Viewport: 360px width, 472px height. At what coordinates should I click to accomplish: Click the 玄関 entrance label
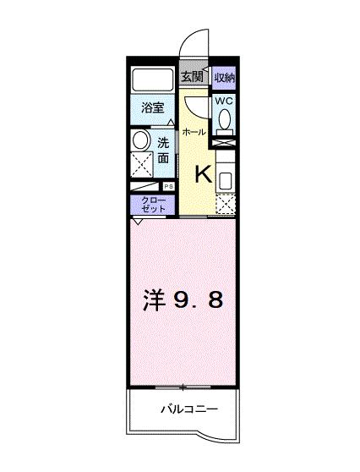click(x=192, y=77)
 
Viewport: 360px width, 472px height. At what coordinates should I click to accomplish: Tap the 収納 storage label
click(x=223, y=77)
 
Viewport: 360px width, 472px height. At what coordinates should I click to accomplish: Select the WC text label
click(x=224, y=101)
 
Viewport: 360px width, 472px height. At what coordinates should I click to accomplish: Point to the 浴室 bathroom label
click(x=152, y=109)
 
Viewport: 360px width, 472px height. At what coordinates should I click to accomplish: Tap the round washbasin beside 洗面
click(x=140, y=140)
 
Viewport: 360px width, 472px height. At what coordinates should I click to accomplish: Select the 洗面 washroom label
click(x=163, y=151)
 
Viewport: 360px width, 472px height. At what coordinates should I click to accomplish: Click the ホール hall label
click(x=194, y=133)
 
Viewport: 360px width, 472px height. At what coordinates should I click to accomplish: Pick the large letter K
click(x=205, y=174)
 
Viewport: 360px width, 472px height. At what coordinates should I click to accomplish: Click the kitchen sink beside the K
click(x=225, y=179)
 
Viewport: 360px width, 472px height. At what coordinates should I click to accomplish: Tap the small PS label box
click(x=168, y=187)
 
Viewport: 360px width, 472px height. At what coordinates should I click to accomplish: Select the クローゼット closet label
click(x=153, y=204)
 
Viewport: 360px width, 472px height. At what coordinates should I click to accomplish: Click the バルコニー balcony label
click(x=189, y=409)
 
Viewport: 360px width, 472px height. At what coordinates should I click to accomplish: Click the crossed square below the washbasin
click(x=141, y=163)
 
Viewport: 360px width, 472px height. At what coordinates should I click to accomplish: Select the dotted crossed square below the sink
click(x=225, y=204)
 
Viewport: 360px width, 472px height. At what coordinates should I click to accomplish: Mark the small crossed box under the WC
click(x=224, y=144)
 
